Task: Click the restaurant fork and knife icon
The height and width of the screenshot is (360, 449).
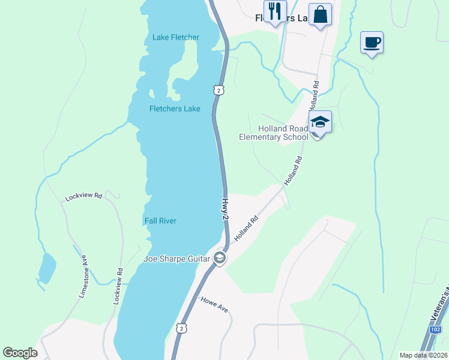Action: tap(276, 11)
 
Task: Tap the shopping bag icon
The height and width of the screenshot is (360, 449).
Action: tap(321, 14)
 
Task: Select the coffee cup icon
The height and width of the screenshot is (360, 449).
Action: tap(372, 42)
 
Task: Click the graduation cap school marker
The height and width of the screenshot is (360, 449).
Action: tap(320, 122)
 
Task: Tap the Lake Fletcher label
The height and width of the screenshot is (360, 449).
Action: tap(175, 37)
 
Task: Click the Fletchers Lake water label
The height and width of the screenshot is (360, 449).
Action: tap(175, 109)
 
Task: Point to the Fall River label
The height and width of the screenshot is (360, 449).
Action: tap(160, 221)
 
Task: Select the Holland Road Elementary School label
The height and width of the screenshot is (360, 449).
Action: tap(274, 133)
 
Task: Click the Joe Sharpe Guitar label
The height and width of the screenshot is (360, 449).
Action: tap(176, 259)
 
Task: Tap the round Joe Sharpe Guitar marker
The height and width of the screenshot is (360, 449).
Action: tap(220, 259)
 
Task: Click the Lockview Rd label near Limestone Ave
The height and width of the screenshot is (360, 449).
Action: tap(84, 197)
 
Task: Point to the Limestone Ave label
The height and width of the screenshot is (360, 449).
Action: tap(83, 275)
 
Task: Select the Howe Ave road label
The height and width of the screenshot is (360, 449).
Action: tap(214, 304)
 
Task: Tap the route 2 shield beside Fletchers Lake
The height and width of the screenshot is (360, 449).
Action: tap(220, 90)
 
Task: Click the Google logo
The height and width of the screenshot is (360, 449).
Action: tap(20, 353)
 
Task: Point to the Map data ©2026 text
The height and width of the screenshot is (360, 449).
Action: tap(423, 355)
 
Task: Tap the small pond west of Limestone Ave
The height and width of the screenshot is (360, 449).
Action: tap(47, 268)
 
